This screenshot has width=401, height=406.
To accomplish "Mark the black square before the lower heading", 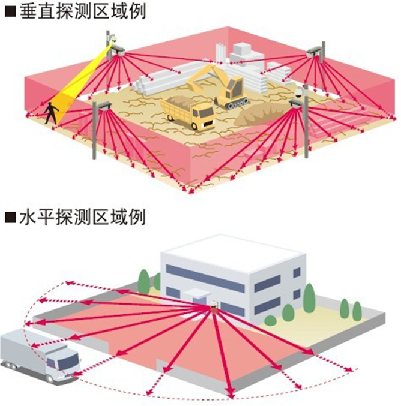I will click(9, 216).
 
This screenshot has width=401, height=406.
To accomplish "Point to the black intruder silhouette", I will click(51, 111).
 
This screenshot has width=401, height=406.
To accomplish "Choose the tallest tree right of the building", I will click(309, 297).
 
